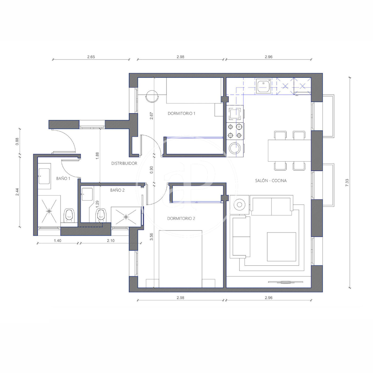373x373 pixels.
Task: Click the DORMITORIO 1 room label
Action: (x=181, y=113)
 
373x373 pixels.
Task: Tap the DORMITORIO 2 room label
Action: (x=181, y=218)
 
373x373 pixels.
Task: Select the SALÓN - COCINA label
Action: (x=271, y=181)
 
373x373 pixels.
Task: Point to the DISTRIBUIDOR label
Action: (x=124, y=163)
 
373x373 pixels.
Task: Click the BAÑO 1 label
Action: (x=63, y=179)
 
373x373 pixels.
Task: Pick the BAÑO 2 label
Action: (x=117, y=190)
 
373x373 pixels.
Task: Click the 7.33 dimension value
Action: (x=347, y=183)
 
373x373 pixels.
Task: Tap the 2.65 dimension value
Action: (x=91, y=57)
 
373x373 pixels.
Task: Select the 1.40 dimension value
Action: (x=58, y=241)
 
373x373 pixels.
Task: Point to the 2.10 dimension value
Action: (x=111, y=241)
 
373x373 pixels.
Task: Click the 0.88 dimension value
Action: (x=17, y=141)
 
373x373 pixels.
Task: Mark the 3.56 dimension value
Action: (x=152, y=237)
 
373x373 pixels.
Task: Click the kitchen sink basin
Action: (x=263, y=86)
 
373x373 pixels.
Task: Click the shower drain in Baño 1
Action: (x=49, y=211)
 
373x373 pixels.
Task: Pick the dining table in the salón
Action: (x=289, y=151)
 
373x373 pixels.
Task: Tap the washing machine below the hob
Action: (x=235, y=148)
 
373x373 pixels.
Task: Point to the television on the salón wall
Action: (x=286, y=282)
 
